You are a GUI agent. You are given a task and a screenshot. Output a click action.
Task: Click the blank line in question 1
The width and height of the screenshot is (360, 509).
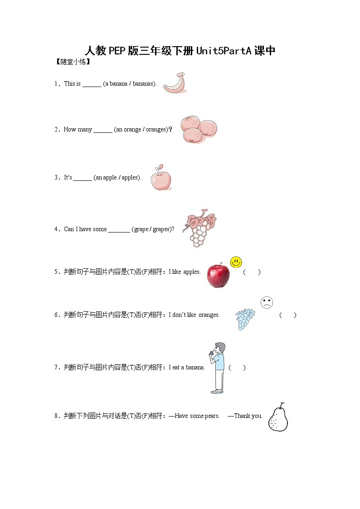pyautogui.click(x=92, y=85)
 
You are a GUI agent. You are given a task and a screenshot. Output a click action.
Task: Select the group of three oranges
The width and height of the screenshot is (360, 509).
pyautogui.click(x=199, y=129)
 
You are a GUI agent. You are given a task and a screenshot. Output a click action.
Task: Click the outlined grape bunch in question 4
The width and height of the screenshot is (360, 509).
pyautogui.click(x=199, y=229)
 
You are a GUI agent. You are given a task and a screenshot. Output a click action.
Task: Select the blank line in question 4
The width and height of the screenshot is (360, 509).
pyautogui.click(x=119, y=230)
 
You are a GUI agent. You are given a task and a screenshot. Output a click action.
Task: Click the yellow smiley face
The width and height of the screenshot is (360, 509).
pyautogui.click(x=236, y=262)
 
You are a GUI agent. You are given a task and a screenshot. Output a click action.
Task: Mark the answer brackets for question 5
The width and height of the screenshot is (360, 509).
pyautogui.click(x=252, y=272)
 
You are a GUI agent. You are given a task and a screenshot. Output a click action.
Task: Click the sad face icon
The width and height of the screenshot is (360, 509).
pyautogui.click(x=267, y=302)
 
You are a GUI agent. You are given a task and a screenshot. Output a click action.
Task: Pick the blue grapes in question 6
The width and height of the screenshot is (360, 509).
pyautogui.click(x=245, y=319)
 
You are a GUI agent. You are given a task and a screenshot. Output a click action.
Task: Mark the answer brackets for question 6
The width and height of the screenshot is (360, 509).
pyautogui.click(x=288, y=315)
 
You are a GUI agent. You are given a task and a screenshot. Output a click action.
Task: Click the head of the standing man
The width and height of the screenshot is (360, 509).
pyautogui.click(x=220, y=348)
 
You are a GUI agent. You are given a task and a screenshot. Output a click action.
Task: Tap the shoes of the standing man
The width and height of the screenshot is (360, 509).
pyautogui.click(x=217, y=391)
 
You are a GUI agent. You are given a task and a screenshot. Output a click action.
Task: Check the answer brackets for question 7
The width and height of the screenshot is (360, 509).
pyautogui.click(x=237, y=368)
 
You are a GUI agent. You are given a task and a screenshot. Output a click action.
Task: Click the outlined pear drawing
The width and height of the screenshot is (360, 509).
pyautogui.click(x=278, y=418)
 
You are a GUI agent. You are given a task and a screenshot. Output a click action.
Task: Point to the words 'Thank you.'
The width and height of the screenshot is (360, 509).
pyautogui.click(x=248, y=416)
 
